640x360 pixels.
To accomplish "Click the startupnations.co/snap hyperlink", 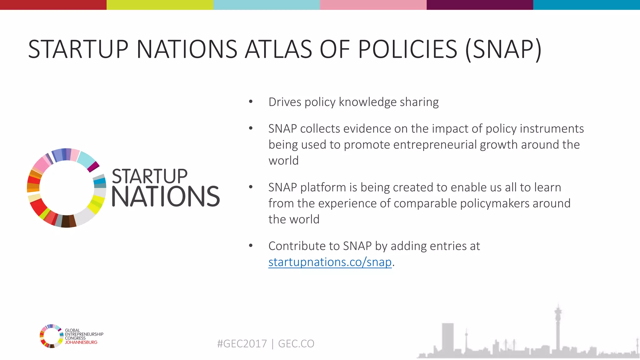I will [x=330, y=262].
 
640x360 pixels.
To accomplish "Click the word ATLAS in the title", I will [x=278, y=49].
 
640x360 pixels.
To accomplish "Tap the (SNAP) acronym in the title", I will [x=503, y=49].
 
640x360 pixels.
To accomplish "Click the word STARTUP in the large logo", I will [x=150, y=177].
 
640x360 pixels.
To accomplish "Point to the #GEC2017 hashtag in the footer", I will [x=242, y=344].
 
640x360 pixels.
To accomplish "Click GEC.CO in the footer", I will [x=296, y=344].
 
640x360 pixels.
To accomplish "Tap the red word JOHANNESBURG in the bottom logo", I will [x=81, y=342].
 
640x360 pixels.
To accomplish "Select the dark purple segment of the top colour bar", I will [x=480, y=5].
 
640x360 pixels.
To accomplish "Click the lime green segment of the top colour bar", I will [x=160, y=5].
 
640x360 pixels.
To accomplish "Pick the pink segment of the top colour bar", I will [x=373, y=5].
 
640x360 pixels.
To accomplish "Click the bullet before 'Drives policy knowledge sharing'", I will [x=251, y=102].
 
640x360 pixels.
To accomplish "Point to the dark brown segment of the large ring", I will [x=65, y=221].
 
